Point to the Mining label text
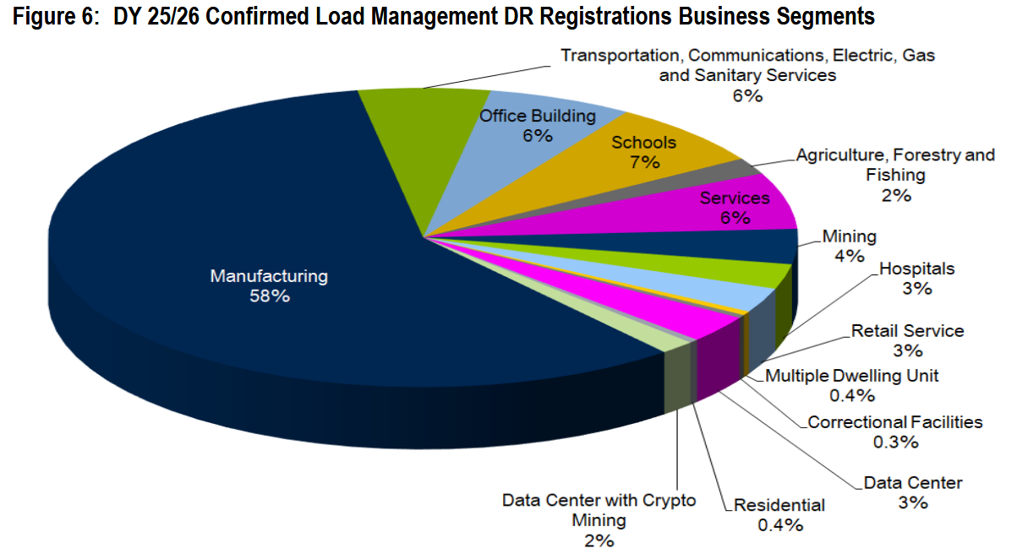[850, 236]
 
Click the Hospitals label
[917, 269]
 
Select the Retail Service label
[907, 331]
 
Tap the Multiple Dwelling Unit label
[851, 376]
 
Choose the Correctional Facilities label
[894, 421]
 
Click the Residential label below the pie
[779, 505]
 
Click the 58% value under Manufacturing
[269, 296]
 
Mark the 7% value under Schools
[644, 162]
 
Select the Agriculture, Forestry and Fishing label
[895, 165]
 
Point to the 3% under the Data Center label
[913, 503]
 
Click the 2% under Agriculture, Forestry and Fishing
[896, 196]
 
